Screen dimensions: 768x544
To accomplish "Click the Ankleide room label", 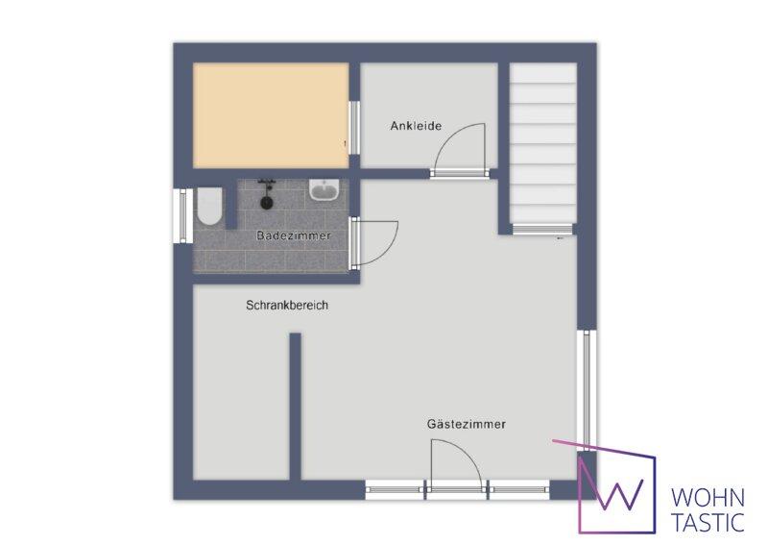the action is [416, 126].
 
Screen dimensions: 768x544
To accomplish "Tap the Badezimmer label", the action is [294, 235].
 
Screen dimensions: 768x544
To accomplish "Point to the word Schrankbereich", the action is [287, 305].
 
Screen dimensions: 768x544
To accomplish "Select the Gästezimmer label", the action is [467, 424].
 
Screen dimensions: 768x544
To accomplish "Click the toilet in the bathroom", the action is [209, 206].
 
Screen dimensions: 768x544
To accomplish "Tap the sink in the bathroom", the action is [324, 190].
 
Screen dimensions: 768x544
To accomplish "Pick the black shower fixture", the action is [267, 194].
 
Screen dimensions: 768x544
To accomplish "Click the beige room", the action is [271, 115].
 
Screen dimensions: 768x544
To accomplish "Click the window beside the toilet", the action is [182, 216].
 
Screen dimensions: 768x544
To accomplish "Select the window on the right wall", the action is [587, 390].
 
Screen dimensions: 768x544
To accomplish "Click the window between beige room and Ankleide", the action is [354, 128].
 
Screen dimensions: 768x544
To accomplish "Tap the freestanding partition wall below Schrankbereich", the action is [295, 407].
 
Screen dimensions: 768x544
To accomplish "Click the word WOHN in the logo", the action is [708, 498].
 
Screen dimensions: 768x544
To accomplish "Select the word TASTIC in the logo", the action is [708, 522].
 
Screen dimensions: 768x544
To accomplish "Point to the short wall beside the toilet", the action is [231, 204].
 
